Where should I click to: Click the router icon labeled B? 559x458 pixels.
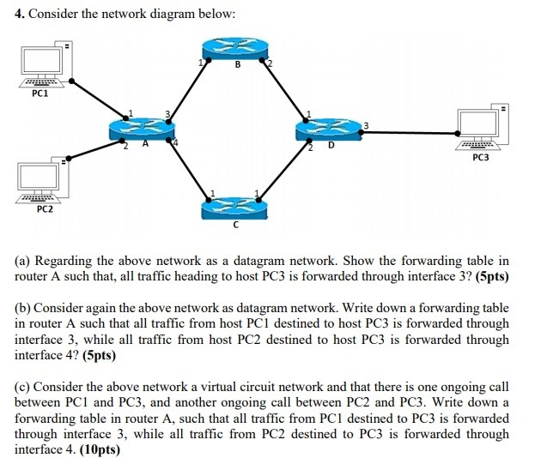click(x=234, y=51)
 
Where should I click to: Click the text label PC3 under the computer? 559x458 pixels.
click(x=481, y=158)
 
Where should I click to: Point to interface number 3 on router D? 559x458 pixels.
click(x=366, y=126)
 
